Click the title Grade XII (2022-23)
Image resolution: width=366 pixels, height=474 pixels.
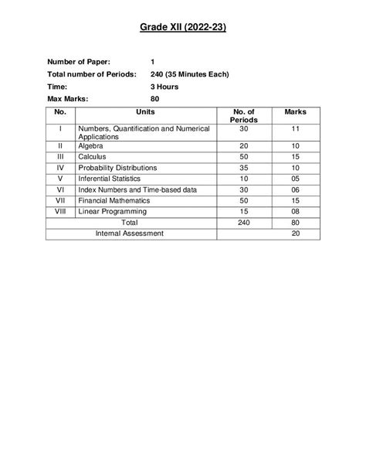point(183,28)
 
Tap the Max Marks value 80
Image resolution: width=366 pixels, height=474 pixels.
point(154,100)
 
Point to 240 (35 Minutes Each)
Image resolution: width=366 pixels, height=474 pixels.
point(190,74)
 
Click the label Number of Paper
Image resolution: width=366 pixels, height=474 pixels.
point(78,61)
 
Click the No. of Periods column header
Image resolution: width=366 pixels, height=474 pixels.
point(243,116)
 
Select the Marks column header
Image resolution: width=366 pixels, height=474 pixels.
point(295,112)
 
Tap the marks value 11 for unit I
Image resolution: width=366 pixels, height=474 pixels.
point(295,128)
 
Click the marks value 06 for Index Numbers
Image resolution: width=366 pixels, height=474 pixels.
point(295,188)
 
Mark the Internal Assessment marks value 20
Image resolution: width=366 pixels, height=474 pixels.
point(295,233)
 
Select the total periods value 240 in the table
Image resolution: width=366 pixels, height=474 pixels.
point(243,222)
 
